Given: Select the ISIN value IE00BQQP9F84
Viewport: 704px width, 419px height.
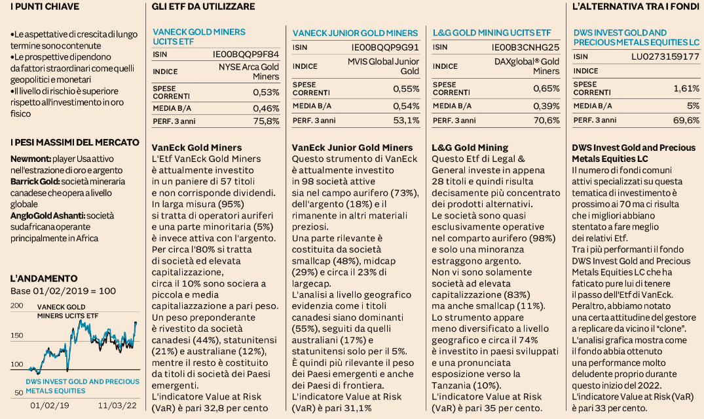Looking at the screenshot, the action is point(246,54).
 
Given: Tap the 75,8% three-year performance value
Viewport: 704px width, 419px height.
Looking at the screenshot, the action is point(267,121).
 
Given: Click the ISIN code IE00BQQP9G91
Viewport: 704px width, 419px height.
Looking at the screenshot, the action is point(385,47).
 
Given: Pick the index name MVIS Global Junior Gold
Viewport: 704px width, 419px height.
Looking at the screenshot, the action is point(383,66).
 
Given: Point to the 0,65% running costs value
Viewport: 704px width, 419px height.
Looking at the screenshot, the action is point(546,89).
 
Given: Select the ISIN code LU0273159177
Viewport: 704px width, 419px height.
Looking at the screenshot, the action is point(665,56).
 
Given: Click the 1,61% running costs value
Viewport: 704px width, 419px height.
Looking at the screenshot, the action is point(686,89).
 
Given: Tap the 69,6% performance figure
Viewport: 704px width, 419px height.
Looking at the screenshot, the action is point(686,121).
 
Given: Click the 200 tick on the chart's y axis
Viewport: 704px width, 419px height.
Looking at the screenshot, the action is point(16,306).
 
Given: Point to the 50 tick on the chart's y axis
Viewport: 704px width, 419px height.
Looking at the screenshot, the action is point(18,393).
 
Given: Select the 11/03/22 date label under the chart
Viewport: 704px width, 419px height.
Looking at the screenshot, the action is point(117,405).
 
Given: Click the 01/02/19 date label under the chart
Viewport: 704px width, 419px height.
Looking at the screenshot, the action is point(50,405).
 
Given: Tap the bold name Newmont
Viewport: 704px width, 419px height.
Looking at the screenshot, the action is point(31,159).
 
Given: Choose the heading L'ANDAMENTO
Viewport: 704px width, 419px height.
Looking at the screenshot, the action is point(44,279).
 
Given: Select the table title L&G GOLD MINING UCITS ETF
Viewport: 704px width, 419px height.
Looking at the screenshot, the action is point(492,33).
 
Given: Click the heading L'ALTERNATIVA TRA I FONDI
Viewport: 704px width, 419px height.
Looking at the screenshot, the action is point(636,7).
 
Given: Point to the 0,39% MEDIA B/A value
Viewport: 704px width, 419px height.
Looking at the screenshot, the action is point(546,106).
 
